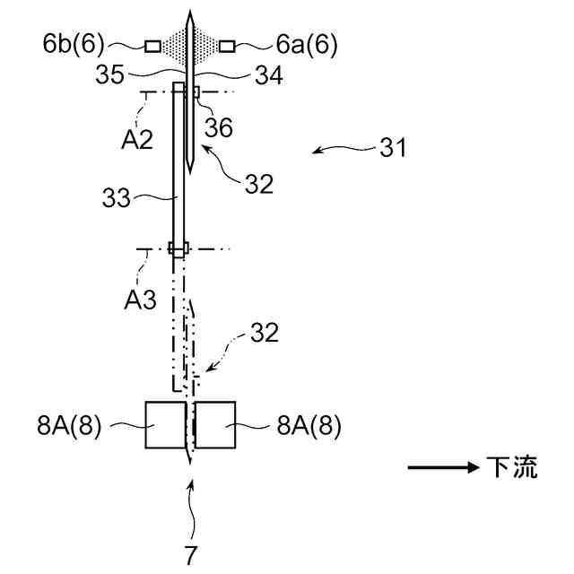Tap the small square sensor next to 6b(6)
click(x=152, y=45)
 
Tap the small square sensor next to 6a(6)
click(x=227, y=45)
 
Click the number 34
click(x=268, y=76)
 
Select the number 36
click(x=219, y=127)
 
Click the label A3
click(x=140, y=300)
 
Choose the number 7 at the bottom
click(x=191, y=554)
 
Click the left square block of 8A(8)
click(x=164, y=424)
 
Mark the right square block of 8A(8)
click(x=214, y=424)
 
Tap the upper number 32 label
click(x=258, y=184)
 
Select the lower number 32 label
click(x=265, y=333)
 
